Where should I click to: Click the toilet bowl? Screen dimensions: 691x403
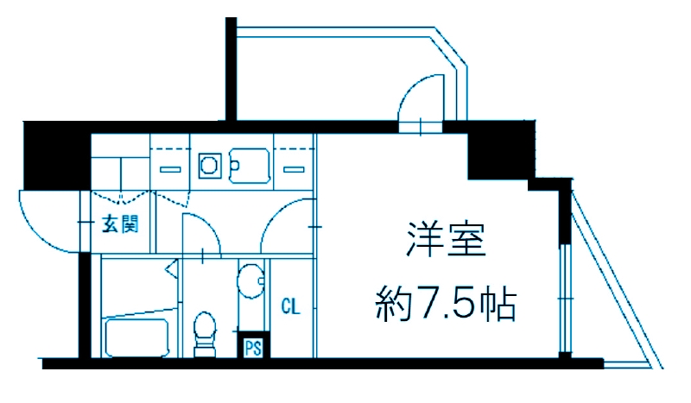point(206,330)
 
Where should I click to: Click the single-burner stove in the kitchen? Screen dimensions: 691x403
point(209,163)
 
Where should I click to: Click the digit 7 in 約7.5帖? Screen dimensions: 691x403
point(427,303)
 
